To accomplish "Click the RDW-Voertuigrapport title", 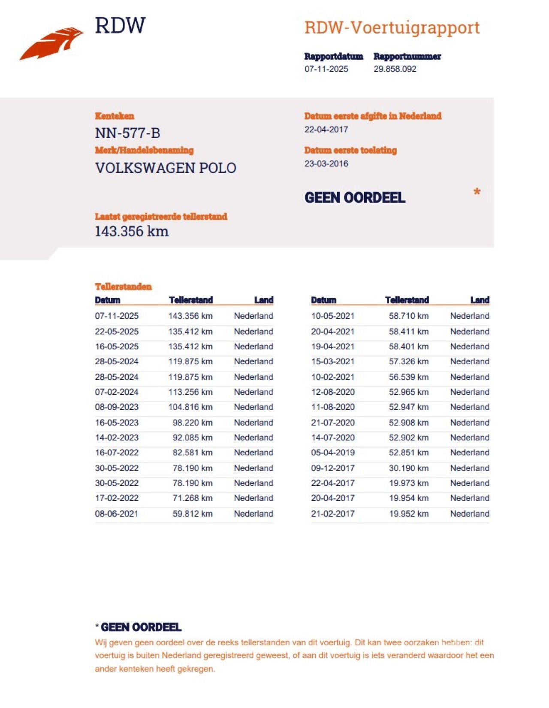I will [x=392, y=28].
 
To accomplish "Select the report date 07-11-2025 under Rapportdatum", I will [x=326, y=69].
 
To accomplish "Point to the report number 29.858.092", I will [x=395, y=69].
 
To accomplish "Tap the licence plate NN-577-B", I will [x=127, y=133].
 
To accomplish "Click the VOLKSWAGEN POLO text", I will [x=166, y=168].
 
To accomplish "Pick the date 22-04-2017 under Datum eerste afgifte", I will [x=326, y=129].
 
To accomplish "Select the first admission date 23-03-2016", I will [x=326, y=163].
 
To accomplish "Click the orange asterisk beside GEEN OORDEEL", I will [x=477, y=193].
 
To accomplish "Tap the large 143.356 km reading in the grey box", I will [x=131, y=231].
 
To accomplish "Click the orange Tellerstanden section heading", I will [x=123, y=287].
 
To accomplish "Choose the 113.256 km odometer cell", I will [x=190, y=392].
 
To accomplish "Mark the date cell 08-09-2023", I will [x=117, y=407].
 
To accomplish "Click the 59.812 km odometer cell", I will [x=192, y=514].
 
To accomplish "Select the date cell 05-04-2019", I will [x=333, y=452].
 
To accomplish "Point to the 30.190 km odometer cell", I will [x=408, y=468].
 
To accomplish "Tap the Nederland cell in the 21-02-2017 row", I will [x=469, y=514].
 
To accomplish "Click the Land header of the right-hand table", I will [x=480, y=300].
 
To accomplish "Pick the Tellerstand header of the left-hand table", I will [x=190, y=300].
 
